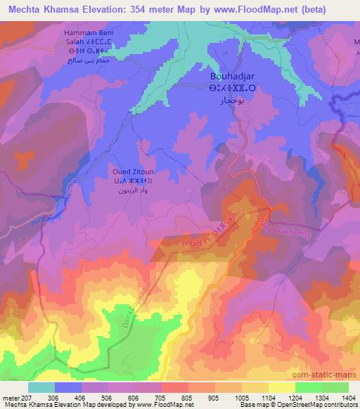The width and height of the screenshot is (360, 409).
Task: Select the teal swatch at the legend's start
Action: point(41,387)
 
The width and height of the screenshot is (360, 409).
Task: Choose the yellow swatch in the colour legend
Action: point(281,387)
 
